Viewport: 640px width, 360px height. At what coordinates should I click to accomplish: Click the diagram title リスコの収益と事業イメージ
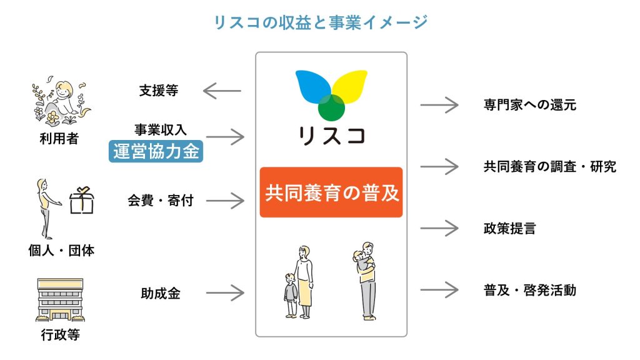coord(320,22)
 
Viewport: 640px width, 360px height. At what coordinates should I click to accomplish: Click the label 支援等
coord(159,91)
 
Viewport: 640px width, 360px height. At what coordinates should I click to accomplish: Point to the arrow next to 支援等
coord(222,91)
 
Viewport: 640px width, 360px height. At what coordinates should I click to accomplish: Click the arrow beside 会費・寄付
coord(225,201)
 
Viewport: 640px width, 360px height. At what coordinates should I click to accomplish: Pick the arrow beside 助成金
coord(225,292)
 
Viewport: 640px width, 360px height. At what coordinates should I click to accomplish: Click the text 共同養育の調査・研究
coord(549,167)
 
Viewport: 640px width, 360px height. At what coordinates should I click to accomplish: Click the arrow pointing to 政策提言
coord(439,228)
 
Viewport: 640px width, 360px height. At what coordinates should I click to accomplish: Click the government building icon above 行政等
coord(59,300)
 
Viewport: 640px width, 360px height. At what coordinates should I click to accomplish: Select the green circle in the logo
coord(331,107)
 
